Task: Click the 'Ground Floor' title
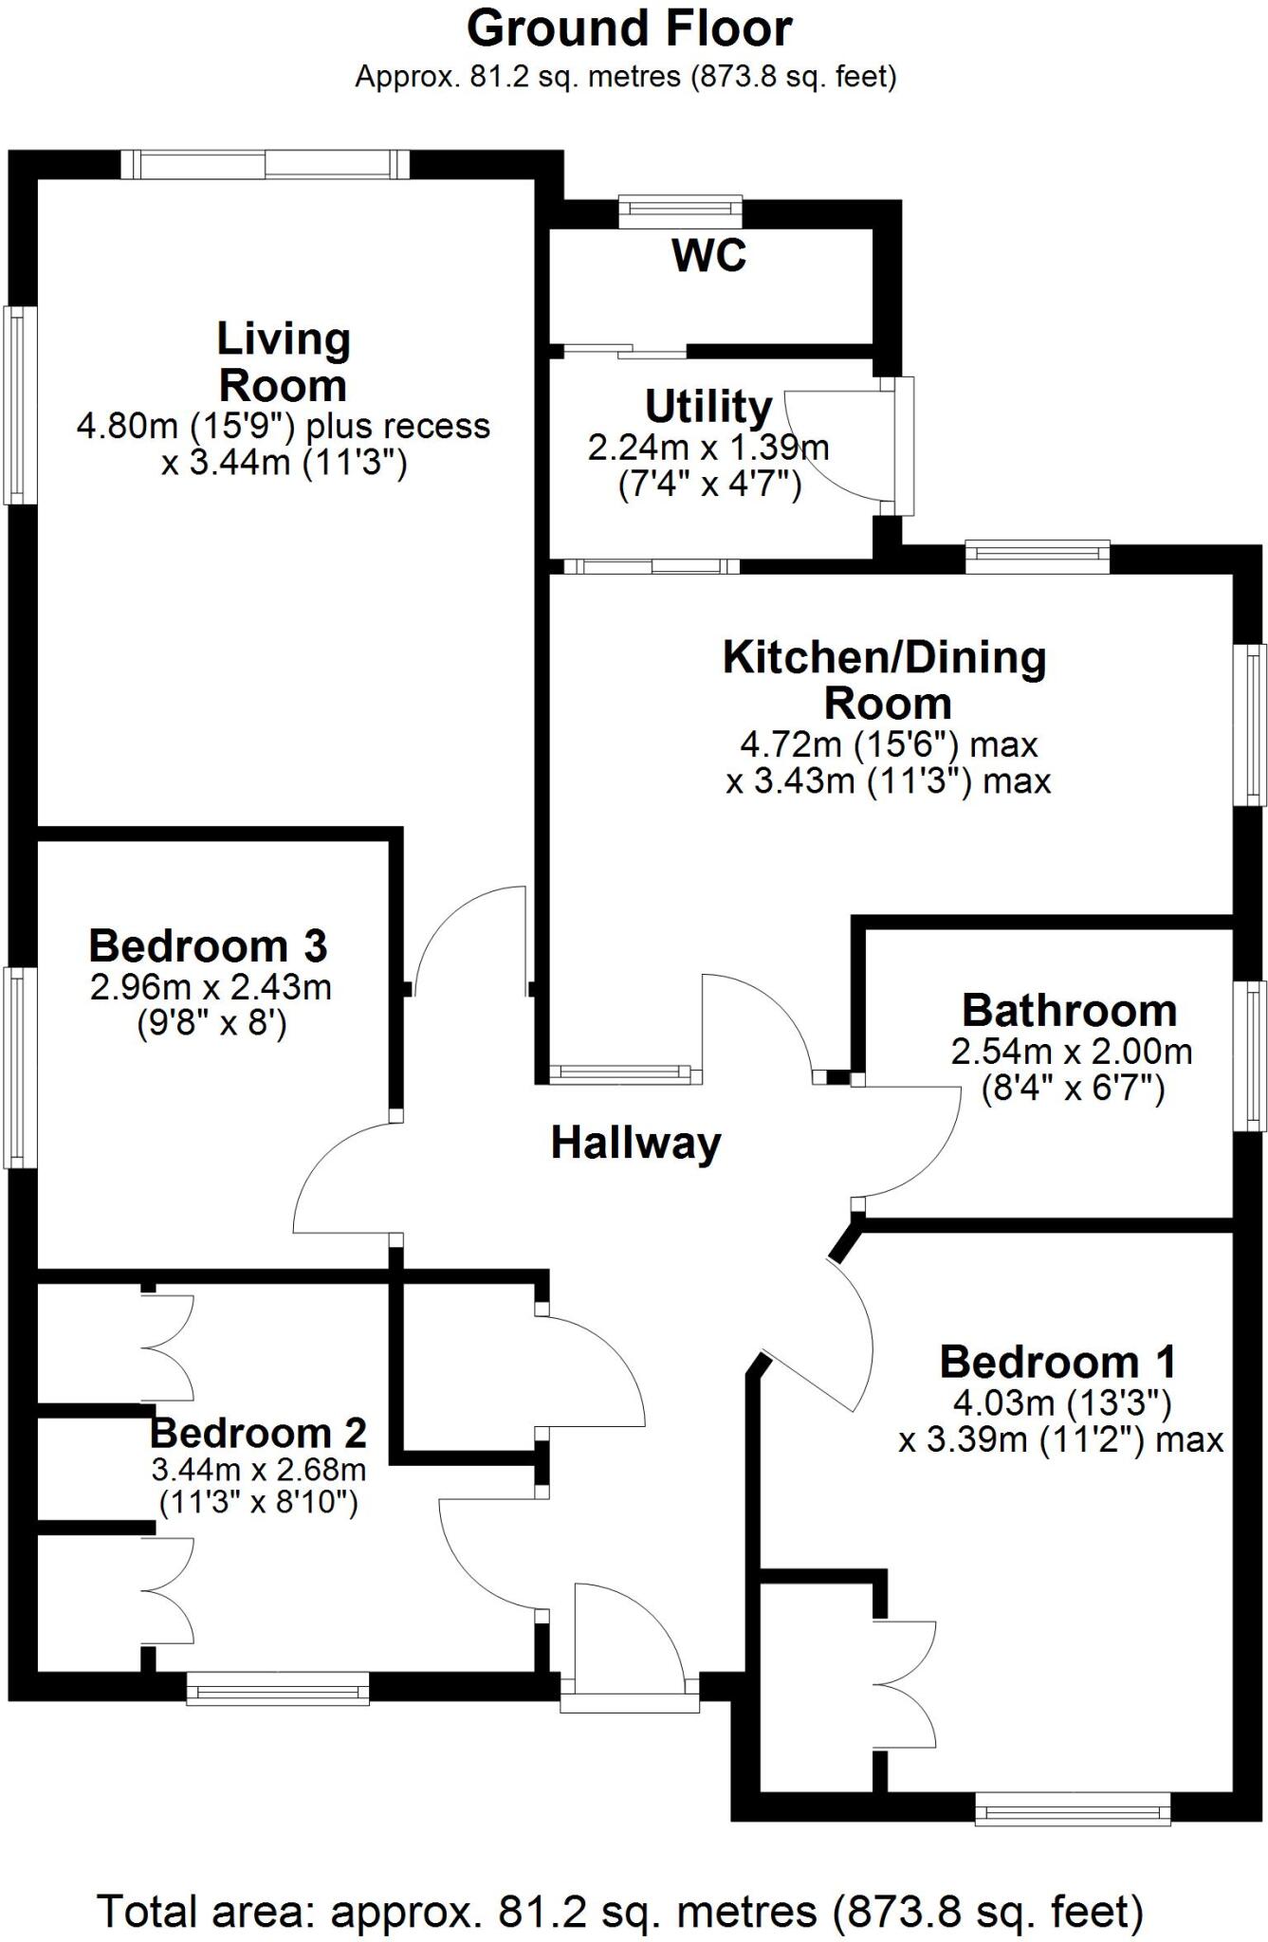[629, 28]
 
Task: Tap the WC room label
[708, 255]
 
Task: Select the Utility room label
[708, 407]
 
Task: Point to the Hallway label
[635, 1143]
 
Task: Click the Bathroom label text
[1069, 1011]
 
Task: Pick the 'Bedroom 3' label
[208, 946]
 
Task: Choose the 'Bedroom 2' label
[258, 1433]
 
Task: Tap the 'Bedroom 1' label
[1057, 1363]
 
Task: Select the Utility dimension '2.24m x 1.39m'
[708, 448]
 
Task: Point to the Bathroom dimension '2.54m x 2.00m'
[1072, 1052]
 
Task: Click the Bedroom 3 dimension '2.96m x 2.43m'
[211, 987]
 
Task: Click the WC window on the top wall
[680, 211]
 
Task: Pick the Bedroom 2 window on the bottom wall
[277, 1689]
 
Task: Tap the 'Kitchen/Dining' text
[884, 658]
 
